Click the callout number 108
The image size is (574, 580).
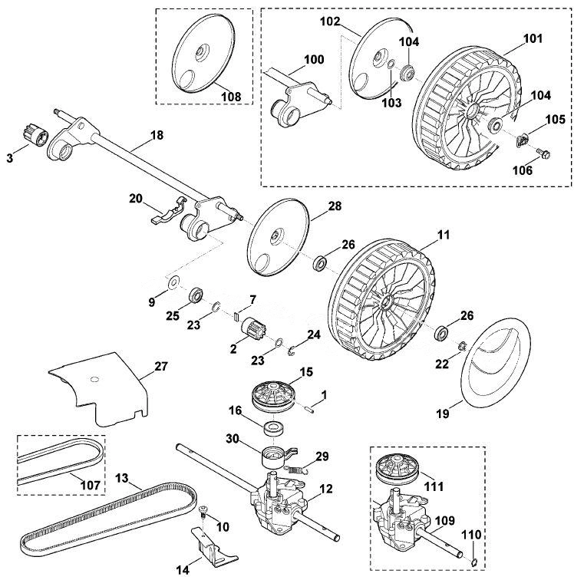point(231,97)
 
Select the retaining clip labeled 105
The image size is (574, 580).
point(522,140)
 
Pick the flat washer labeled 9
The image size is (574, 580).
point(173,283)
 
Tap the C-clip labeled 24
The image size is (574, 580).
point(292,351)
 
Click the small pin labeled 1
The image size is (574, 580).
point(311,409)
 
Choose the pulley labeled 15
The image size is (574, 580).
point(273,396)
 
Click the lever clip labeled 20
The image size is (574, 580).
point(168,210)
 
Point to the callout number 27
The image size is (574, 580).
point(160,367)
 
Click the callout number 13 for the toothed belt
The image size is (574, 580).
point(122,478)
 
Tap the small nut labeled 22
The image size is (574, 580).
point(461,346)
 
